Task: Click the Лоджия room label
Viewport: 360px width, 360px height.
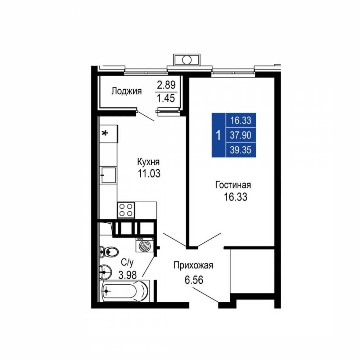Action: [126, 91]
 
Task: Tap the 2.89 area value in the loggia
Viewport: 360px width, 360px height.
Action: [166, 85]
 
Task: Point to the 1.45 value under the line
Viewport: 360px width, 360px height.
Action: [166, 98]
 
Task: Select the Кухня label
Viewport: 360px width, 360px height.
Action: [148, 162]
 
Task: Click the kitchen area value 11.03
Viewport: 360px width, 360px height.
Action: [149, 174]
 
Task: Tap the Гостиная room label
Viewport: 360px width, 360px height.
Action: [233, 185]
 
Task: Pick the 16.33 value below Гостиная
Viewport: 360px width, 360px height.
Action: [235, 197]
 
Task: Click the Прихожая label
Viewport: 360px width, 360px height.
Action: [193, 265]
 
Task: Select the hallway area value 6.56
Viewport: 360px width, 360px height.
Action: [194, 280]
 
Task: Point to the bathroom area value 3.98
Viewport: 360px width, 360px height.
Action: [127, 275]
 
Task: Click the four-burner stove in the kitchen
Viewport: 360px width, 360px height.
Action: [126, 210]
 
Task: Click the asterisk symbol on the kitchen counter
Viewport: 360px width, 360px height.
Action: [105, 133]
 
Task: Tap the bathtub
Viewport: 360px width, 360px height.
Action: [125, 291]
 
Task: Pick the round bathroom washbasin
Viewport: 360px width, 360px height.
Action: [105, 273]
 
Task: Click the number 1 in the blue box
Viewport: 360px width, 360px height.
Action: [219, 135]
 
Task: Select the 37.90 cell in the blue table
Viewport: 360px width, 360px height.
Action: [240, 135]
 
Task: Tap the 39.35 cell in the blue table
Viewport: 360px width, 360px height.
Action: [240, 150]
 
